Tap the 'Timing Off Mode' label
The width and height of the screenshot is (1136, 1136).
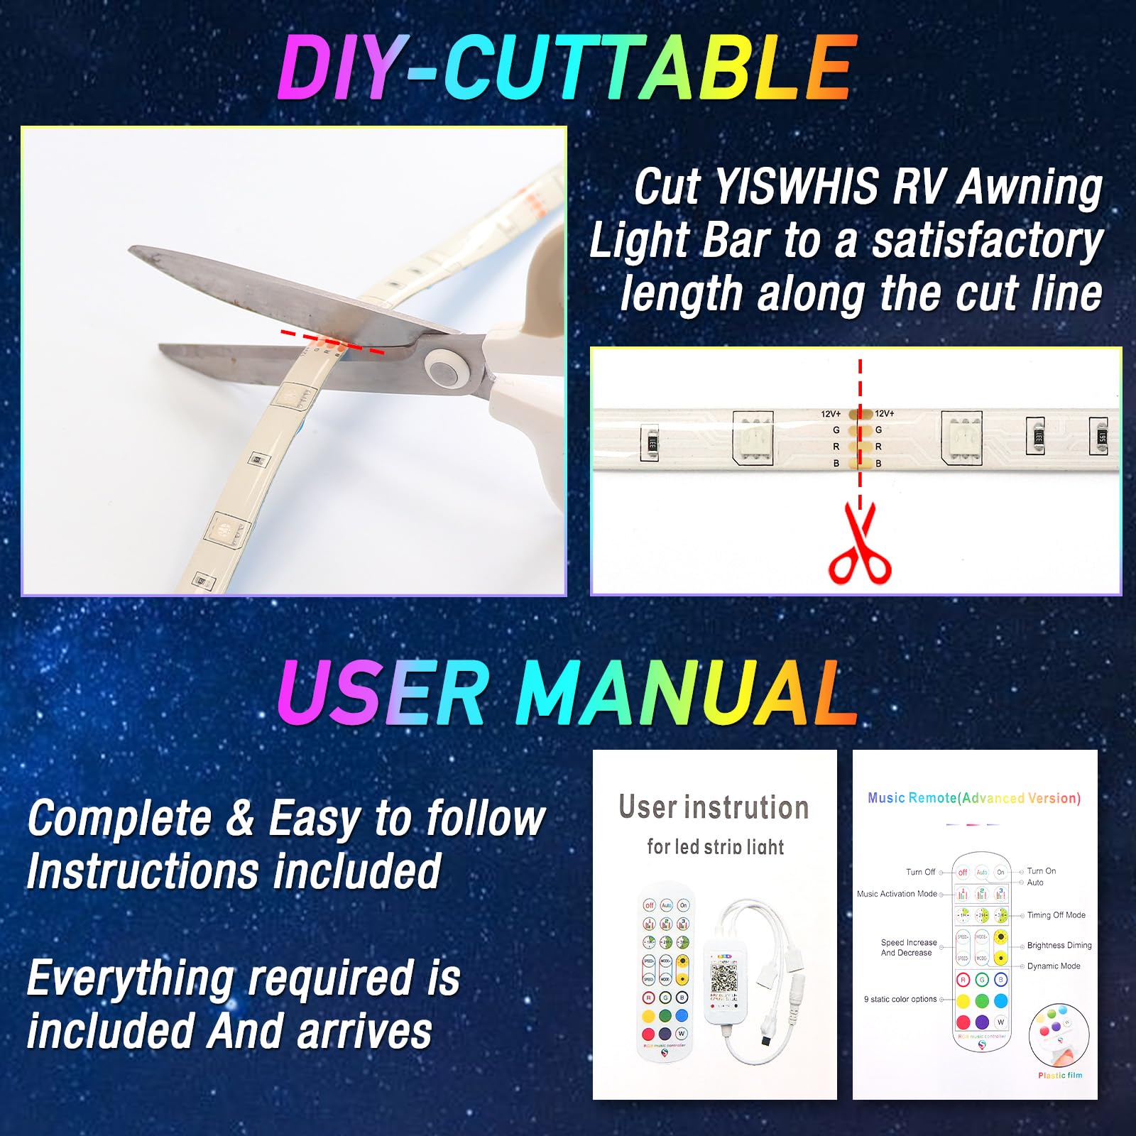coord(1056,915)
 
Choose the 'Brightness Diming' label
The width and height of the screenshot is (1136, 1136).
coord(1059,946)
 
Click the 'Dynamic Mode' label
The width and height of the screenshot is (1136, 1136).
coord(1054,966)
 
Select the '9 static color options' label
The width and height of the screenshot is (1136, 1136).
coord(900,999)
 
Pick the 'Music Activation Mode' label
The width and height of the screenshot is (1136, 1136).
coord(897,894)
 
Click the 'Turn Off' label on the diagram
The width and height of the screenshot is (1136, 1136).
coord(920,872)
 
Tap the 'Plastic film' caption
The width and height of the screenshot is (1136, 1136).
coord(1060,1076)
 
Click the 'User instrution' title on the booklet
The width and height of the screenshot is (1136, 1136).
coord(714,808)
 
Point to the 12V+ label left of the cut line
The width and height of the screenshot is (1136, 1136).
coord(831,413)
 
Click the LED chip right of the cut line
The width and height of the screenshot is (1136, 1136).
coord(961,439)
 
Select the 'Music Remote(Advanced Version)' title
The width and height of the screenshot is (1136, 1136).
coord(974,798)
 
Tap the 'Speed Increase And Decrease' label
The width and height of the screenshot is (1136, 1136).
coord(908,948)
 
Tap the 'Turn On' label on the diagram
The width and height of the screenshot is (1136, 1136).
coord(1041,871)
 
